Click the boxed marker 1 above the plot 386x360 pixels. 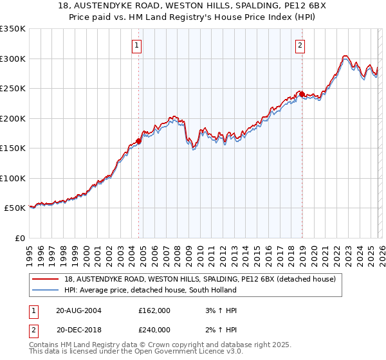click(x=138, y=45)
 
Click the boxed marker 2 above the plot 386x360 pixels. click(x=301, y=45)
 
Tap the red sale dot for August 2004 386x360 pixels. click(x=139, y=142)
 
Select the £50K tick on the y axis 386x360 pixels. click(x=15, y=208)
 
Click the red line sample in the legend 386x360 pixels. click(x=46, y=279)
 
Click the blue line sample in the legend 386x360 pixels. click(x=46, y=290)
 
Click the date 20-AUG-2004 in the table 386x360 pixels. click(x=78, y=310)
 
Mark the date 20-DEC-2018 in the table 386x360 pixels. click(x=78, y=329)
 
